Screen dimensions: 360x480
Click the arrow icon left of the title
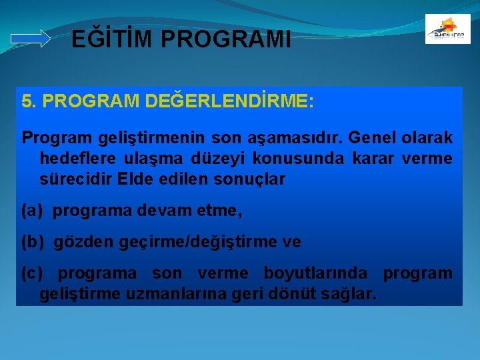31,39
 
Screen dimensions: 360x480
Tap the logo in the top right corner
447,29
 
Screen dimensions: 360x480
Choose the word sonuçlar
248,179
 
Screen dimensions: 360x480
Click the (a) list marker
32,211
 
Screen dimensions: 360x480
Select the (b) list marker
32,242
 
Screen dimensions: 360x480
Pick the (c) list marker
32,273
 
